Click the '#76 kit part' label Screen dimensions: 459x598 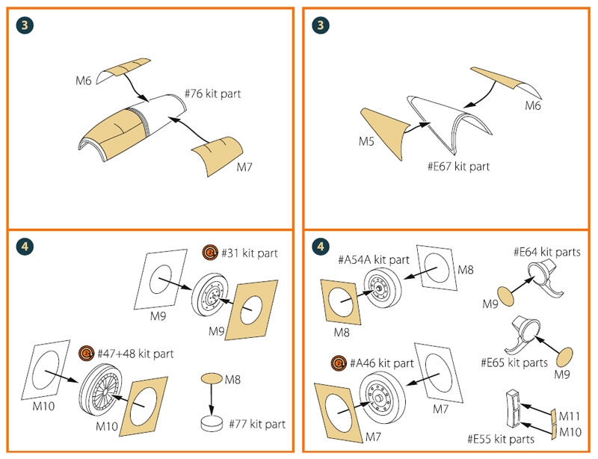(x=212, y=95)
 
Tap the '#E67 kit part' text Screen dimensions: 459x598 (x=458, y=166)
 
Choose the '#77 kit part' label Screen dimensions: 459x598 (x=253, y=424)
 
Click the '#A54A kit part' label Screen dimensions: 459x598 (x=375, y=259)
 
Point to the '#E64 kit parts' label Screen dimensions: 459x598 (x=547, y=253)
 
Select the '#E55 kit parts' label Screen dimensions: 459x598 (x=500, y=440)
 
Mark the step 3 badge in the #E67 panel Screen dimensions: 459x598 (x=321, y=25)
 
